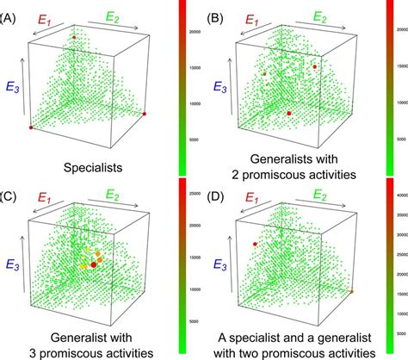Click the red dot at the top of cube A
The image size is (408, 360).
(x=74, y=37)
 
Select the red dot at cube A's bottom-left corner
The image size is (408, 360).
(x=31, y=127)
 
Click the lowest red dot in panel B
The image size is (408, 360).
(x=289, y=113)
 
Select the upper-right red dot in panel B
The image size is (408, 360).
(x=315, y=66)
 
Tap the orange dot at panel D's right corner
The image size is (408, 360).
(x=351, y=292)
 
